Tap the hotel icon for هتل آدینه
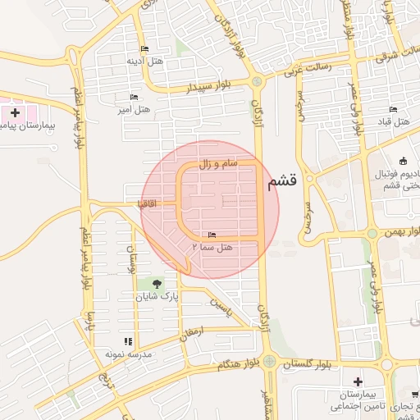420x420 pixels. coord(145,49)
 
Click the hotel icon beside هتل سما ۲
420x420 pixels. coord(213,235)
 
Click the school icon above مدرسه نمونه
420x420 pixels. coord(127,341)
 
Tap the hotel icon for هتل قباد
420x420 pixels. coord(393,110)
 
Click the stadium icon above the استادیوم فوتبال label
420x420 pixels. coord(402,161)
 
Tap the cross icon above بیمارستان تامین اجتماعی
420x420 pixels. coord(357,381)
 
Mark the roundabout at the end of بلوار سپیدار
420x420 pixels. coord(257,81)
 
